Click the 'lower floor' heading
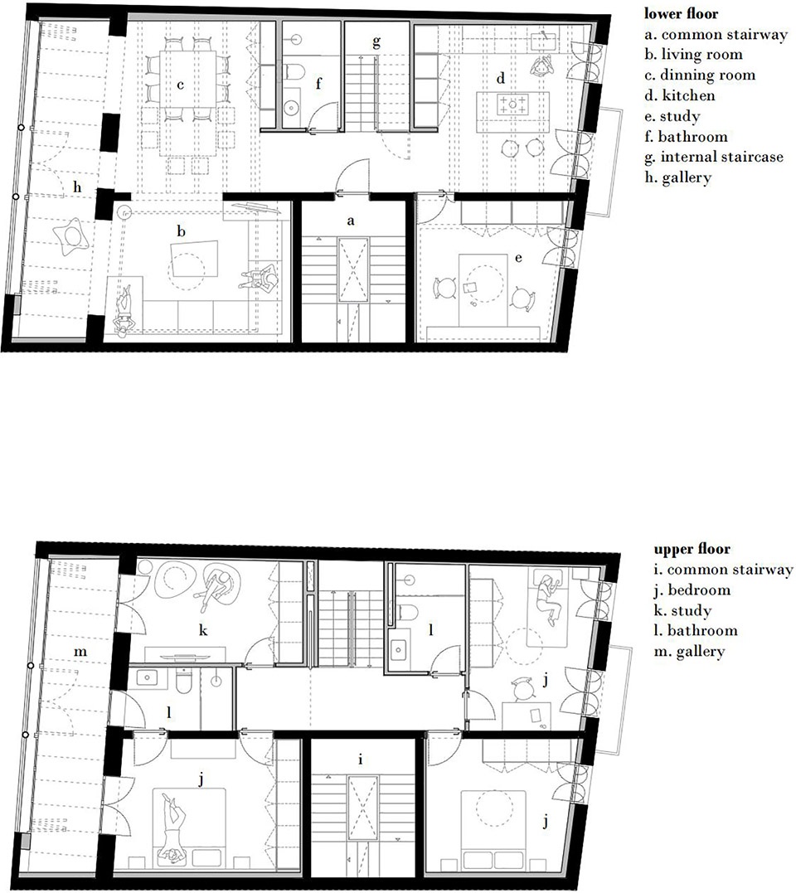point(681,13)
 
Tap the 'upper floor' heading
point(692,549)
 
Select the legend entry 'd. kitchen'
point(680,95)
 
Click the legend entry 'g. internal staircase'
point(714,157)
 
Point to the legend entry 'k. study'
point(682,610)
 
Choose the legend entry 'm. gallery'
point(690,652)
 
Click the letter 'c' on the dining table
point(181,85)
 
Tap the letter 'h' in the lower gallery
point(77,187)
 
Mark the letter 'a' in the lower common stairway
point(351,221)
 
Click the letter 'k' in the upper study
point(202,630)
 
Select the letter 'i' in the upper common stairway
point(361,760)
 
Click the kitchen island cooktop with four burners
point(512,104)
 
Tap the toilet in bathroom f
point(295,72)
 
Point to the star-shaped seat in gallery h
point(71,235)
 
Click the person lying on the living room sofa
point(124,308)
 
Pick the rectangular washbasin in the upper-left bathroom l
point(147,677)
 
